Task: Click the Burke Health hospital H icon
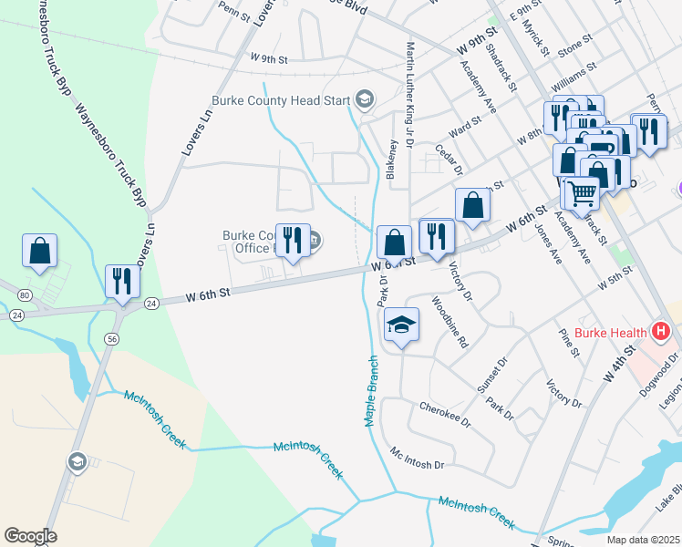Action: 661,332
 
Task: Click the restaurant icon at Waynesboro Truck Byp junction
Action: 119,282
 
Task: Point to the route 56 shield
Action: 111,338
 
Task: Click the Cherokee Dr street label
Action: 445,416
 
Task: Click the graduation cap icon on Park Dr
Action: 401,326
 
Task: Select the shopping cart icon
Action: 581,192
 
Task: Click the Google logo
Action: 30,536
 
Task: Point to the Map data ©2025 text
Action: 643,540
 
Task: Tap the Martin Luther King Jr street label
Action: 410,91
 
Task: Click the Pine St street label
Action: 572,349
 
